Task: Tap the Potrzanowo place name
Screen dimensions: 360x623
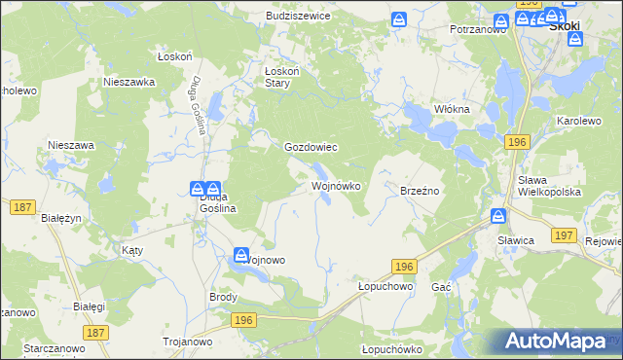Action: click(x=478, y=30)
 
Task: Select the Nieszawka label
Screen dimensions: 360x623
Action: click(x=129, y=83)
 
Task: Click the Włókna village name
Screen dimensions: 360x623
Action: click(x=452, y=109)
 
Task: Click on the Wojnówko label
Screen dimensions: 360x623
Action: click(x=336, y=185)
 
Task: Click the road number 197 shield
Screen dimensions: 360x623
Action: click(x=563, y=236)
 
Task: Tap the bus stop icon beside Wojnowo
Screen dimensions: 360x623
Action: click(x=240, y=255)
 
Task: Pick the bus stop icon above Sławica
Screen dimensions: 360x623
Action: click(x=498, y=216)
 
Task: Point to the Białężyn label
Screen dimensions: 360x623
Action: click(x=61, y=218)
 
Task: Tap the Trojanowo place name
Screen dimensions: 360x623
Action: click(x=186, y=341)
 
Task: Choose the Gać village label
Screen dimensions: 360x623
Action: click(x=441, y=288)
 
